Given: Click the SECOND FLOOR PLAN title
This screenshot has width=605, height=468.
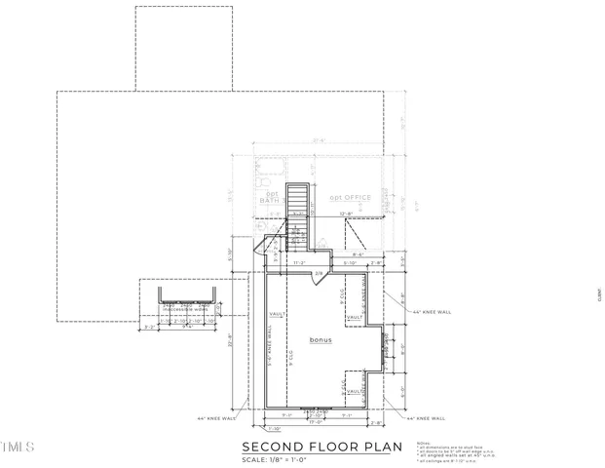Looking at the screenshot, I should coord(321,448).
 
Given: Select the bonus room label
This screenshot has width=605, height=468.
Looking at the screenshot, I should coord(321,340).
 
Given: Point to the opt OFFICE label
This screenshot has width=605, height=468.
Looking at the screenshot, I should coord(350,198).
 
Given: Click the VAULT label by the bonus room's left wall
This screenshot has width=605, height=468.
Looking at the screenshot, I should coord(276,314).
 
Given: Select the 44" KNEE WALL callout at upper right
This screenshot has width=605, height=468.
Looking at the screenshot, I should coord(431,312).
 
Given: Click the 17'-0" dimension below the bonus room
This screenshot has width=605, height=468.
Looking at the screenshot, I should coord(316,422).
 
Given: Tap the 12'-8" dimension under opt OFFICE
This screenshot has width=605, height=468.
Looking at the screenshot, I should coord(346,214).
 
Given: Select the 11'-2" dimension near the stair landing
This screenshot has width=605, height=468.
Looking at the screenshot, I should coord(300,262).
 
